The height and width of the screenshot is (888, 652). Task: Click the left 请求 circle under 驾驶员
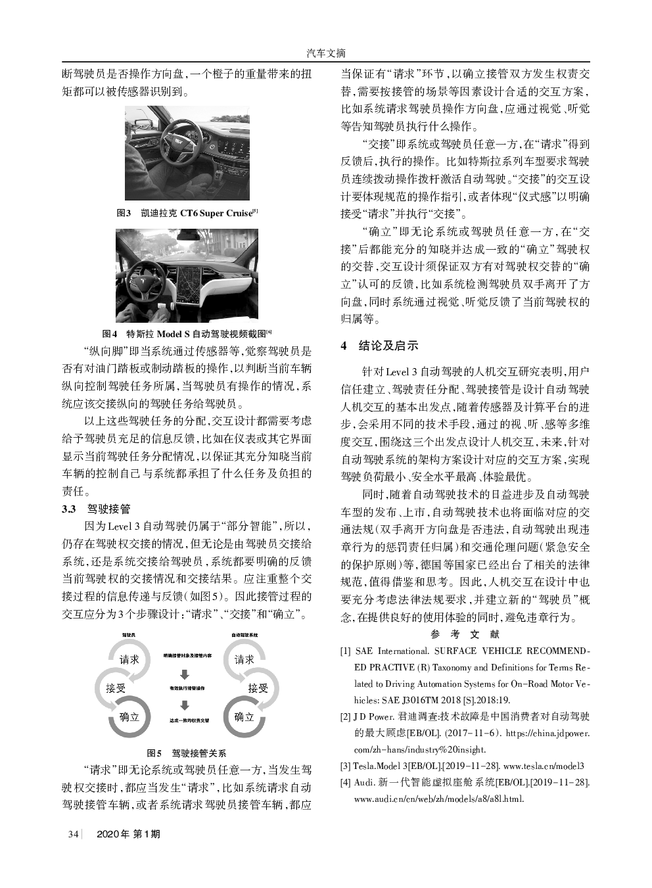click(x=129, y=659)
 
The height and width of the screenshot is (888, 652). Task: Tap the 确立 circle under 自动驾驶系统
click(x=244, y=716)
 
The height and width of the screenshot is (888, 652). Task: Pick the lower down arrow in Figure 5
click(x=186, y=705)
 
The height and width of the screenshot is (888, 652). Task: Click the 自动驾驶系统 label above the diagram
click(x=244, y=635)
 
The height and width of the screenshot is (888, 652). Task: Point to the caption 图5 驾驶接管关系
click(x=187, y=753)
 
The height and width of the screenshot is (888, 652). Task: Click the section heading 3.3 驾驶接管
click(x=96, y=508)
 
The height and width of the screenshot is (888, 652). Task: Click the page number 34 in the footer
click(x=72, y=834)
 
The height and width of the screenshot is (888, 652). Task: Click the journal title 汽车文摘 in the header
click(x=326, y=53)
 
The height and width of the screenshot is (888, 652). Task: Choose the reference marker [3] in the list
click(x=345, y=766)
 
